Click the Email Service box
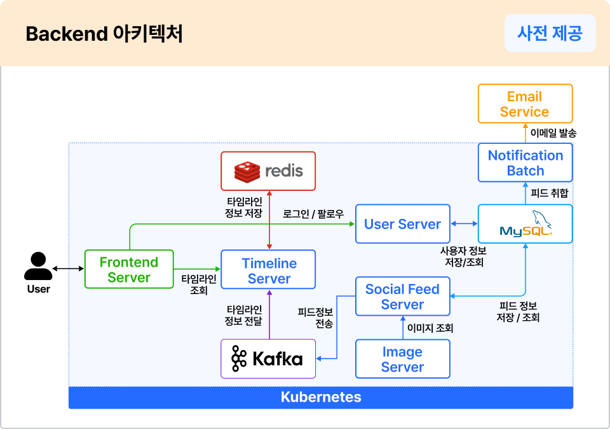coord(525,104)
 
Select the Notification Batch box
coord(525,163)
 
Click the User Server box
coord(402,224)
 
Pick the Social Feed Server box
coord(402,297)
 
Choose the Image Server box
coord(402,359)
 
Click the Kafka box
coord(268,359)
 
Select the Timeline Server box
coord(268,270)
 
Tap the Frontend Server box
coord(128,269)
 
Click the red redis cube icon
coord(248,171)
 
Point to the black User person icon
coord(38,267)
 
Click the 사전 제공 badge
coord(550,33)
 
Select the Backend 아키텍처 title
coord(104,34)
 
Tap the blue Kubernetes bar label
coord(321,398)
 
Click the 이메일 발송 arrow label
coord(553,133)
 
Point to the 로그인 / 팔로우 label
coord(313,215)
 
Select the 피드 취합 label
coord(549,193)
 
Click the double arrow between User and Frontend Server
coord(68,269)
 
